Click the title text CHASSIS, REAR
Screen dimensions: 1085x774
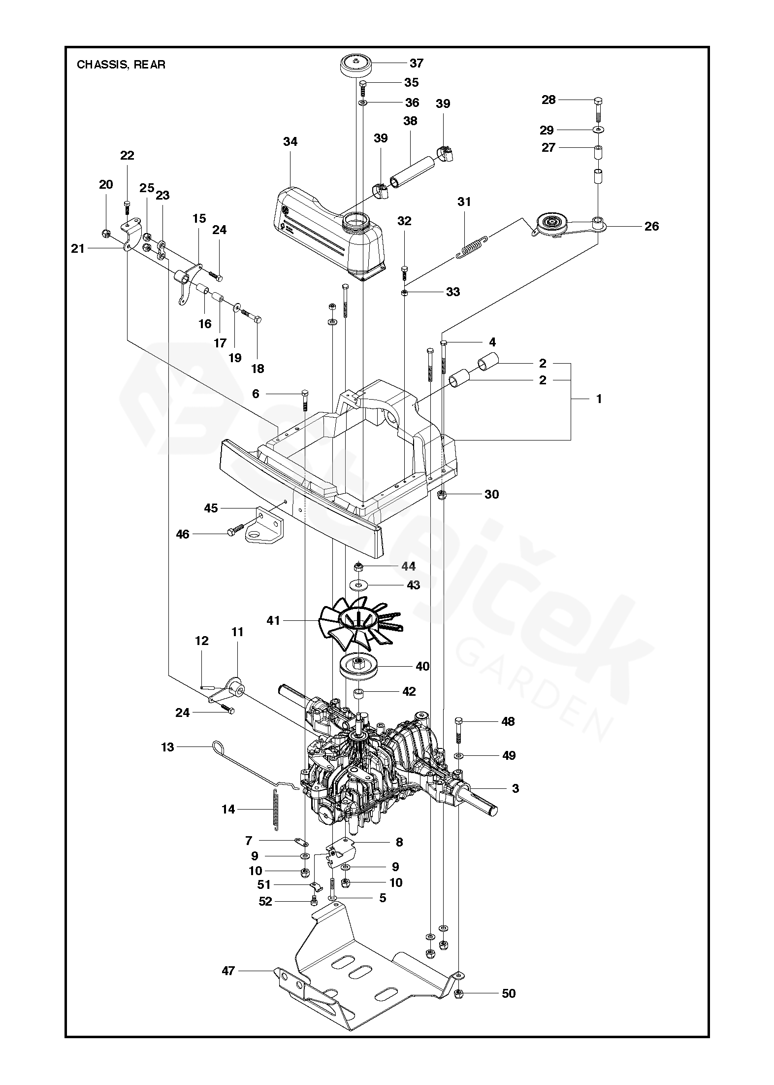[x=121, y=65]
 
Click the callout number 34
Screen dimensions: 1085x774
[x=290, y=142]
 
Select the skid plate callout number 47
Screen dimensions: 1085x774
[x=228, y=970]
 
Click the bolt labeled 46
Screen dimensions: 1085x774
[x=235, y=531]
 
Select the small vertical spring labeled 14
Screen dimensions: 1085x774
[x=274, y=807]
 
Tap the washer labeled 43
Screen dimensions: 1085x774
[x=358, y=585]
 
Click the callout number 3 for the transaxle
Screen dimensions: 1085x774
[x=515, y=788]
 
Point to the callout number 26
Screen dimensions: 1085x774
[x=651, y=226]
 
